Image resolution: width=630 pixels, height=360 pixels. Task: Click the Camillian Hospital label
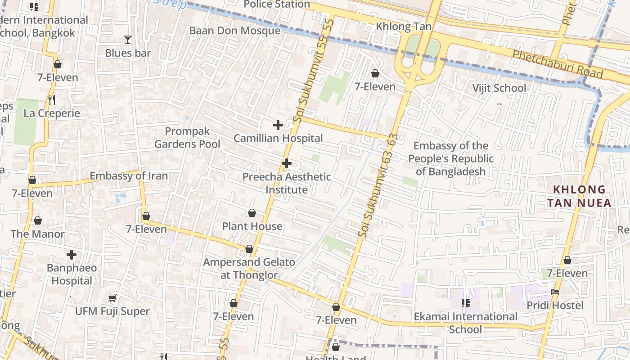(278, 138)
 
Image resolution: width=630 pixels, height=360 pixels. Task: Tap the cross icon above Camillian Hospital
(278, 125)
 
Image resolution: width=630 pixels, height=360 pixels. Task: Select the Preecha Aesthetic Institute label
(287, 183)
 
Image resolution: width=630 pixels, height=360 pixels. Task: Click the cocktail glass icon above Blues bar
(128, 40)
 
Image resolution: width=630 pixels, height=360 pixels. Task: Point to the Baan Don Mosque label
(234, 31)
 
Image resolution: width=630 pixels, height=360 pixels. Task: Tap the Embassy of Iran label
(129, 176)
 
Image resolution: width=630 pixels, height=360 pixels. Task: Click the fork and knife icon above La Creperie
(52, 99)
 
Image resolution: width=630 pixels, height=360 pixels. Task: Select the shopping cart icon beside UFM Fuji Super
(112, 298)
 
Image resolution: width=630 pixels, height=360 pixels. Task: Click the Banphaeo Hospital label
(72, 274)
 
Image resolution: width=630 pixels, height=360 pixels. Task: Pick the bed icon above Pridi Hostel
(555, 292)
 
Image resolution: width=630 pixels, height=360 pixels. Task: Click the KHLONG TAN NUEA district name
(579, 196)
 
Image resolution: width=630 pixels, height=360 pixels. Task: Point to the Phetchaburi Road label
(558, 64)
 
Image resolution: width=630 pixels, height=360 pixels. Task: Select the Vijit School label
(499, 88)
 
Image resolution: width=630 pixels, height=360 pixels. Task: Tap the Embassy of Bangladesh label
(451, 158)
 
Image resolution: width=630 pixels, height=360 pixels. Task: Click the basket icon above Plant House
(252, 213)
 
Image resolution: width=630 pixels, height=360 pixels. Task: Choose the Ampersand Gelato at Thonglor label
(249, 268)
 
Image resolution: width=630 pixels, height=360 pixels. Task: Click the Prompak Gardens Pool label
(187, 137)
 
